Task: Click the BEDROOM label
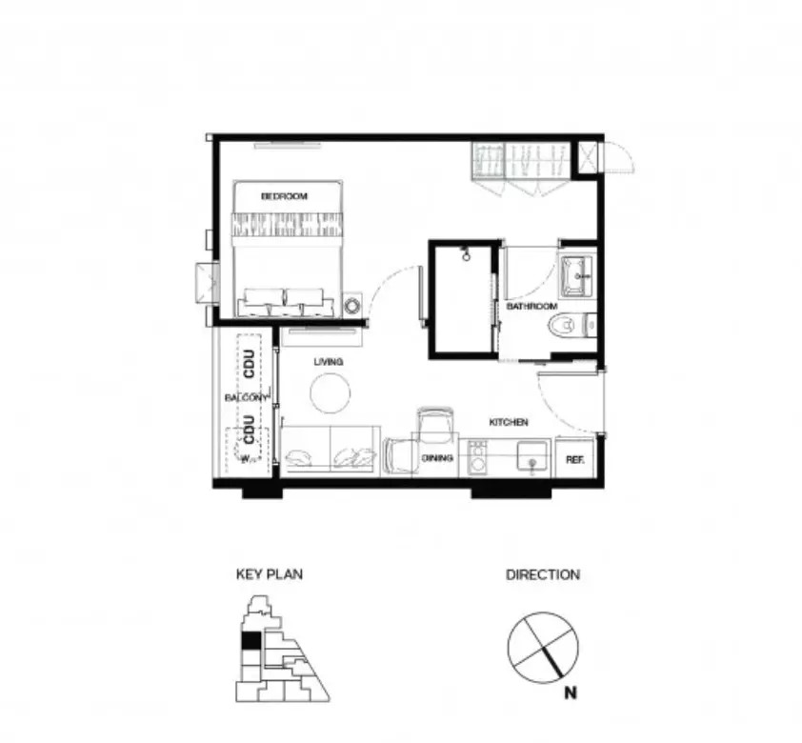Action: tap(285, 196)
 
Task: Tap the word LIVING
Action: tap(329, 362)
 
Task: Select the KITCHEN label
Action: tap(509, 422)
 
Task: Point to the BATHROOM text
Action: tap(531, 307)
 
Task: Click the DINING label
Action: tap(437, 458)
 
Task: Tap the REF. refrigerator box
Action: tap(575, 456)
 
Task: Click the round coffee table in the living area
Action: tap(331, 393)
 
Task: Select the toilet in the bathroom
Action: tap(572, 325)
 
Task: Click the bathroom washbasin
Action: tap(576, 276)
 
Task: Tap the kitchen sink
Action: tap(531, 455)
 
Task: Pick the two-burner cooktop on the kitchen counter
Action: tap(478, 457)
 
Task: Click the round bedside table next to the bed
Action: tap(352, 306)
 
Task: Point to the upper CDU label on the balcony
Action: tap(250, 364)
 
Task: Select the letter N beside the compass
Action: tap(571, 693)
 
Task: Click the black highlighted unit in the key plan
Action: tap(251, 640)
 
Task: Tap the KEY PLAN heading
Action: tap(270, 574)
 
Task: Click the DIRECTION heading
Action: tap(543, 574)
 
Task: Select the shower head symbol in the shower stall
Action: tap(466, 254)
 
